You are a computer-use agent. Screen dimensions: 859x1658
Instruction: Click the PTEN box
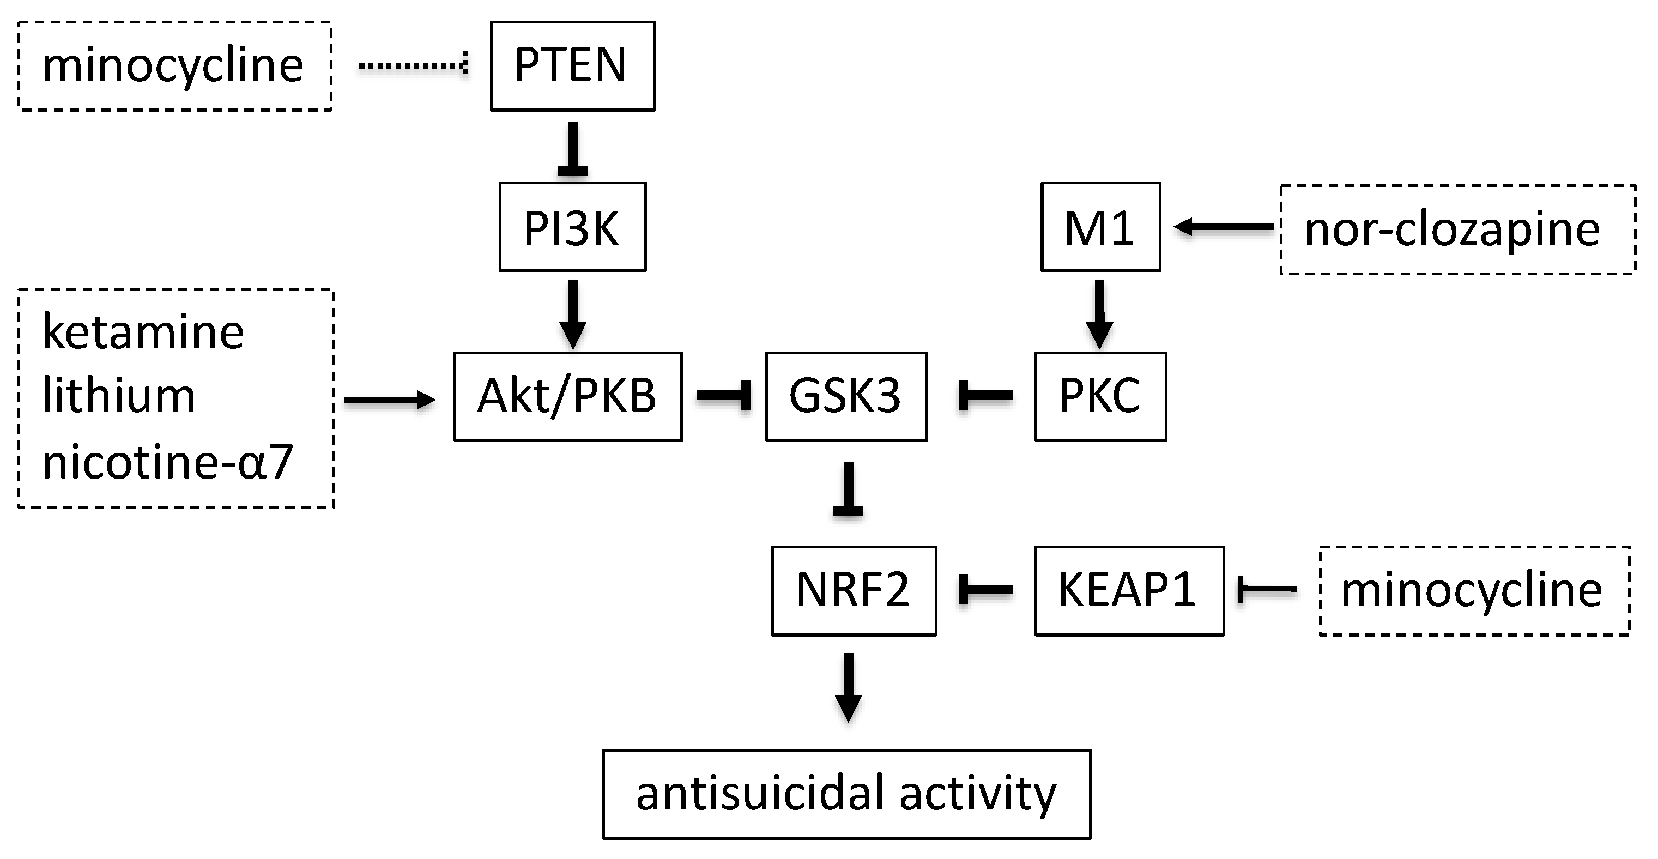pyautogui.click(x=572, y=65)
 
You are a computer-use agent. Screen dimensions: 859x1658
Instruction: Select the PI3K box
pyautogui.click(x=572, y=227)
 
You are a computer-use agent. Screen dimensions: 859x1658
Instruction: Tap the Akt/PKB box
pyautogui.click(x=568, y=396)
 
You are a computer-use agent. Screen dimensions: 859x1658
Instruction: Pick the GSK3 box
pyautogui.click(x=846, y=396)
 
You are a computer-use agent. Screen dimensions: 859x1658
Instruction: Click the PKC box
pyautogui.click(x=1100, y=396)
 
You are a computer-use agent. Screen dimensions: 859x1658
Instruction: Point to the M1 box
pyautogui.click(x=1100, y=227)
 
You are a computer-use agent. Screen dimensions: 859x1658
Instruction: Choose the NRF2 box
pyautogui.click(x=854, y=590)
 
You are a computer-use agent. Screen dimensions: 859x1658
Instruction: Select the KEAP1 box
pyautogui.click(x=1128, y=590)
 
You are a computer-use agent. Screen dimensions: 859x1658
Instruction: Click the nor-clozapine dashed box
pyautogui.click(x=1457, y=229)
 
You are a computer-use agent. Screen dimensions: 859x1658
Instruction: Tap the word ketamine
pyautogui.click(x=143, y=332)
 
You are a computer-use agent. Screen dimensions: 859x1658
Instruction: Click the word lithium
pyautogui.click(x=118, y=396)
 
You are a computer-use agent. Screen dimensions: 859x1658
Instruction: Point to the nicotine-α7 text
pyautogui.click(x=167, y=462)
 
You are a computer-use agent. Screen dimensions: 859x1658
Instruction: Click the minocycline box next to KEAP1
pyautogui.click(x=1474, y=590)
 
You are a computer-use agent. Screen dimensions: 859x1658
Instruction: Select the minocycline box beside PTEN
pyautogui.click(x=174, y=65)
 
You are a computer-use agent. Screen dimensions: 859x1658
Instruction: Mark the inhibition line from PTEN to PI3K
pyautogui.click(x=572, y=148)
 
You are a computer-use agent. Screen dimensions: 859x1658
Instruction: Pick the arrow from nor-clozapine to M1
pyautogui.click(x=1223, y=227)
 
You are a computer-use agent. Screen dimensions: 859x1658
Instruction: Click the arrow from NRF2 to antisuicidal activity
pyautogui.click(x=848, y=687)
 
